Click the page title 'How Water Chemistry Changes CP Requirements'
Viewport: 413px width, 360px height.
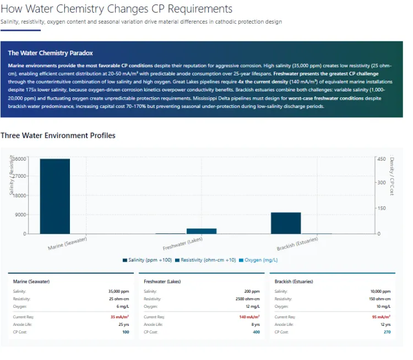[116, 9]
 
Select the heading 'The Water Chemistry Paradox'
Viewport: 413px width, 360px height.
[50, 53]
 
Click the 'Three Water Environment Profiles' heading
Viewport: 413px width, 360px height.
[58, 135]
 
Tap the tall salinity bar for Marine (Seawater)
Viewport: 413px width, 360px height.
[55, 196]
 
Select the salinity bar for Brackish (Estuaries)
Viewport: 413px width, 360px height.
[286, 223]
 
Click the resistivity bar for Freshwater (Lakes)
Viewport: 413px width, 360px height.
[202, 231]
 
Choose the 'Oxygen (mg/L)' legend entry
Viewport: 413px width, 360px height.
[258, 260]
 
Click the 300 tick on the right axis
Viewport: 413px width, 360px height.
[381, 183]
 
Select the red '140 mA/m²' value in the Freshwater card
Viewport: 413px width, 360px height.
[249, 317]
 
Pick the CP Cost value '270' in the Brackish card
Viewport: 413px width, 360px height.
[387, 332]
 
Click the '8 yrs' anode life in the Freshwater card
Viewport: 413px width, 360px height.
[255, 325]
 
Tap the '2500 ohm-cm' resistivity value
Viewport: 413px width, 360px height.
[246, 299]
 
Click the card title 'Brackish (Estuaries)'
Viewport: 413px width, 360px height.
[294, 281]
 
